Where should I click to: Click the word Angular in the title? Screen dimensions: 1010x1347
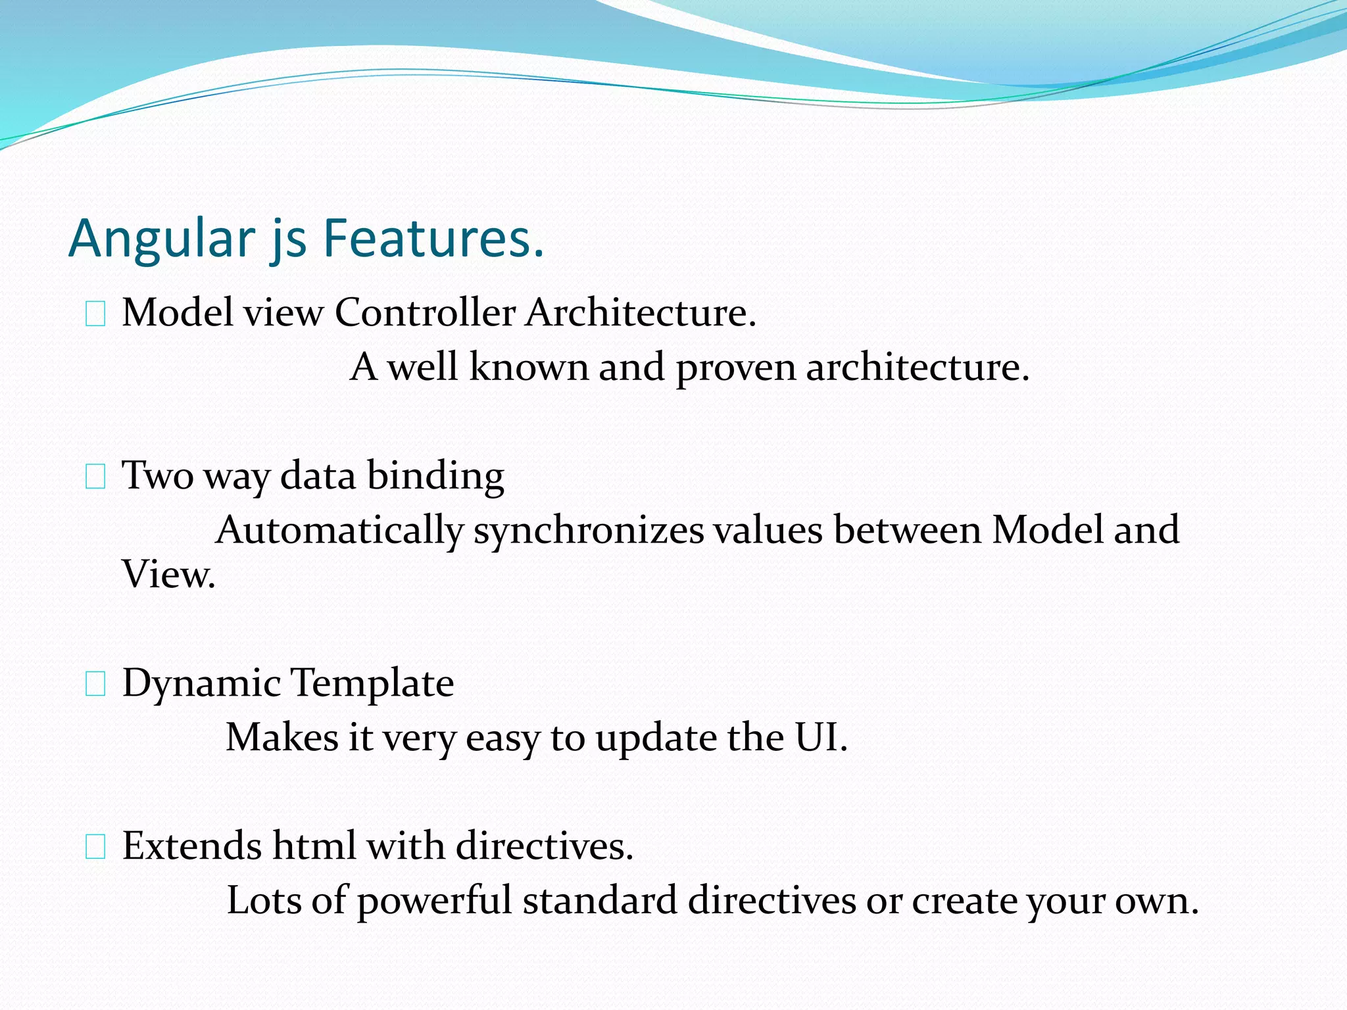point(162,238)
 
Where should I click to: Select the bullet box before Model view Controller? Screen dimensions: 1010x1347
point(96,316)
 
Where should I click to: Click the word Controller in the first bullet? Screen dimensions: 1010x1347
point(425,312)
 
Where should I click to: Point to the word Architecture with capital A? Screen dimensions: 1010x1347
point(641,312)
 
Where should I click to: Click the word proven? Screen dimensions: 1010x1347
point(735,368)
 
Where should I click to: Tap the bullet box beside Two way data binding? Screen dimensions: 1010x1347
point(96,478)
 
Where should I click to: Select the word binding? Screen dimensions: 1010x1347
point(435,476)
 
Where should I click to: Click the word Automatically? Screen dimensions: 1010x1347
point(340,531)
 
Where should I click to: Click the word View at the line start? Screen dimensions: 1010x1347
point(168,575)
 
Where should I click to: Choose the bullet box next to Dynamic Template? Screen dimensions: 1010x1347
point(96,686)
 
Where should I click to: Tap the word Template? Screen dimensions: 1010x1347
point(372,683)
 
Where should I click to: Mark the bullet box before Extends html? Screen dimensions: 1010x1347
point(96,848)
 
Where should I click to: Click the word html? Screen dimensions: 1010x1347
point(314,846)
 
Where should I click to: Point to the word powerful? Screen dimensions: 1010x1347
point(434,902)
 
